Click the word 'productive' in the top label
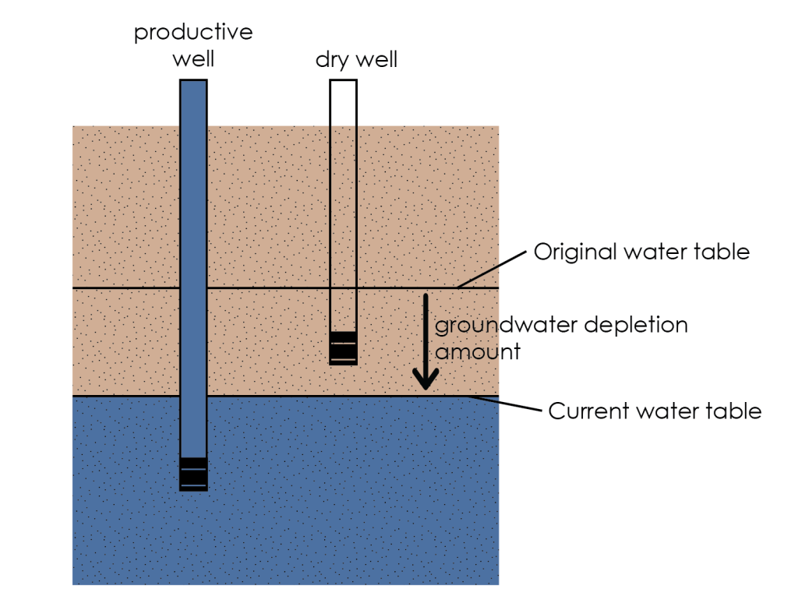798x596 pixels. click(193, 33)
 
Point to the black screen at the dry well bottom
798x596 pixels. click(343, 347)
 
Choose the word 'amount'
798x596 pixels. click(477, 351)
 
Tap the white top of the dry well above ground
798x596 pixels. click(343, 101)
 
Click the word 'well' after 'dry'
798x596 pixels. click(376, 61)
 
